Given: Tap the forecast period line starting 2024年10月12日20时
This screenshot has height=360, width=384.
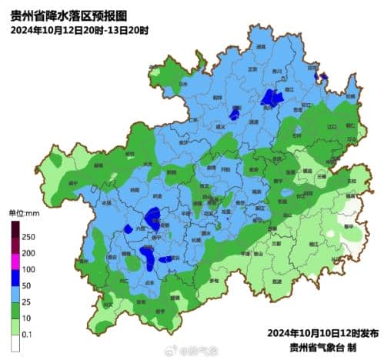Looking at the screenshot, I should [79, 30].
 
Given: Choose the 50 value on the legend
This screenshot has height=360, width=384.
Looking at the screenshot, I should [28, 286].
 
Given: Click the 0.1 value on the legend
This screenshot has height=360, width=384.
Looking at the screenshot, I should [28, 335].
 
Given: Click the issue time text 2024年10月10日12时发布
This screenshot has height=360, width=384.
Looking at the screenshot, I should [322, 333].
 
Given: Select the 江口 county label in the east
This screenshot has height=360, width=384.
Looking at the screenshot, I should [332, 125].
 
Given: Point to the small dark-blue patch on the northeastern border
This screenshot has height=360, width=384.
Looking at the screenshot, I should [323, 76].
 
